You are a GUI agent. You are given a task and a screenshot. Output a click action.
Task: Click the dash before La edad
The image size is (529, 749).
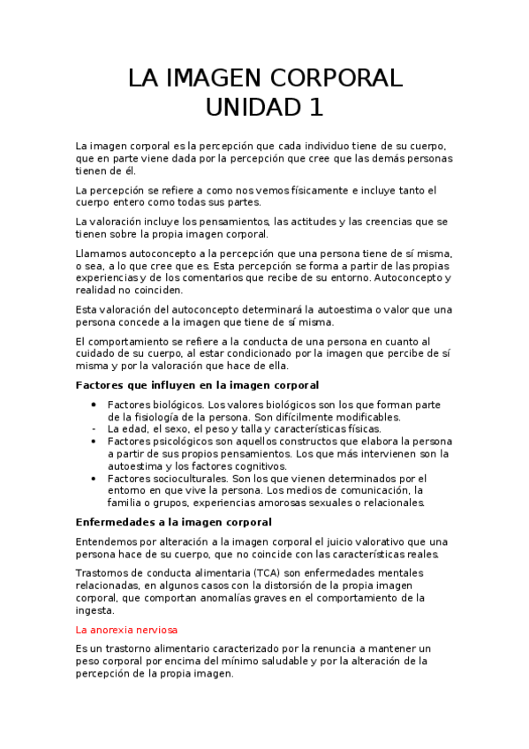point(94,428)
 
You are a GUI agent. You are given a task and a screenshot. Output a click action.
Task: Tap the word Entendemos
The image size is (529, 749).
point(110,541)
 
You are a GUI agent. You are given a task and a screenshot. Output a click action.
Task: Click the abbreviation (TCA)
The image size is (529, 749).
point(264,573)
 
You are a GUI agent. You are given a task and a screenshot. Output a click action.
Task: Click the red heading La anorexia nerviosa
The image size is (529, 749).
point(127,630)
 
